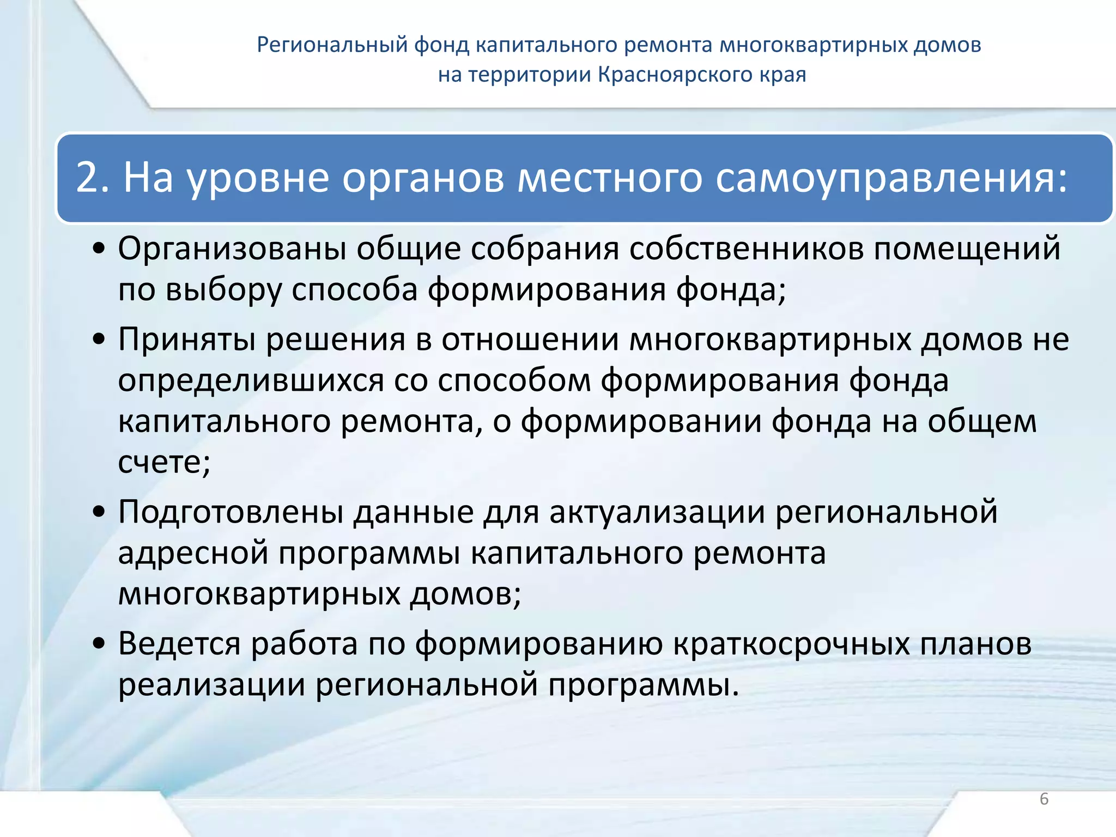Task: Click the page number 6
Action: click(1044, 799)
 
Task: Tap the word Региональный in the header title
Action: click(332, 45)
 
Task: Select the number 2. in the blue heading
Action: click(93, 178)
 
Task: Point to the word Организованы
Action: click(232, 249)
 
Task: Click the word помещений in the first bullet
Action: click(967, 249)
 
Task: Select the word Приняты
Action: click(187, 339)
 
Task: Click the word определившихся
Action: click(251, 380)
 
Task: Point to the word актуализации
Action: click(657, 512)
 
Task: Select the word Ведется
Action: click(179, 644)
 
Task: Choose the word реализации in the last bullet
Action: click(211, 684)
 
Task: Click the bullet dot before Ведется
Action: click(99, 644)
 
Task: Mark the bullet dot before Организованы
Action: click(99, 249)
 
